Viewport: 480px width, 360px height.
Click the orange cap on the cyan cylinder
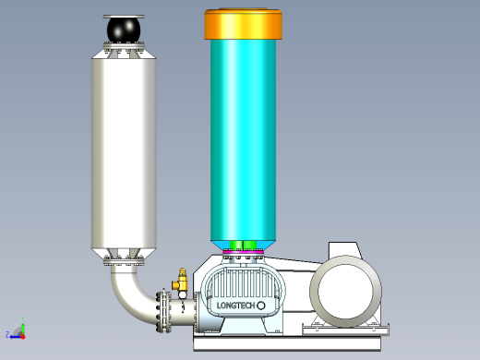click(243, 24)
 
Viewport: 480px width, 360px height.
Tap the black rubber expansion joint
click(124, 30)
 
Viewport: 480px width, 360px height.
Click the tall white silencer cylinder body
click(124, 153)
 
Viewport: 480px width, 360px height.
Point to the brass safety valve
click(181, 280)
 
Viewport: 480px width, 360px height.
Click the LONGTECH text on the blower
click(236, 306)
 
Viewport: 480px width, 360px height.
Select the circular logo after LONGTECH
click(261, 306)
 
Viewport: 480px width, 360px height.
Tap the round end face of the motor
click(345, 291)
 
